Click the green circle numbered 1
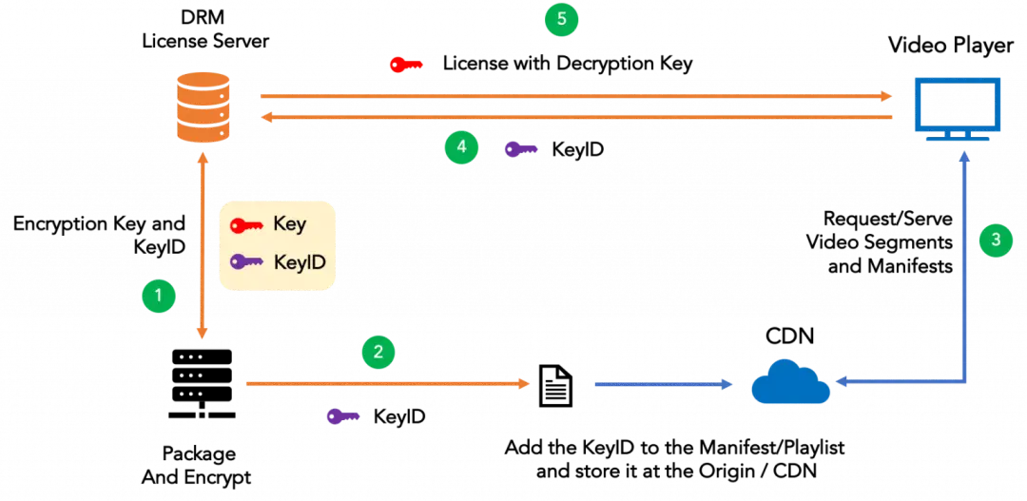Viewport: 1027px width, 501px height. point(159,296)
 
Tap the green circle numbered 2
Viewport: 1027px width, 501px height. point(378,352)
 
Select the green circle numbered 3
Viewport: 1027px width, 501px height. point(996,240)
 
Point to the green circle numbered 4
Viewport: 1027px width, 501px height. point(461,146)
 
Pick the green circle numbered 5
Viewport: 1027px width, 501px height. point(561,19)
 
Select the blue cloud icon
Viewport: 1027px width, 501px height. point(789,383)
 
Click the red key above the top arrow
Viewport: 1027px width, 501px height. point(406,65)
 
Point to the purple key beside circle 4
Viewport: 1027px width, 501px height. point(521,148)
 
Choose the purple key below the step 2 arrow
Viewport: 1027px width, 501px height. point(342,415)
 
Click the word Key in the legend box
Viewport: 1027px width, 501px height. point(289,225)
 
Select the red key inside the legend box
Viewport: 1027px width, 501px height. point(247,225)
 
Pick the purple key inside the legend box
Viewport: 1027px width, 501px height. point(247,260)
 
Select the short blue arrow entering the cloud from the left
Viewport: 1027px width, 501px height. point(665,384)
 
